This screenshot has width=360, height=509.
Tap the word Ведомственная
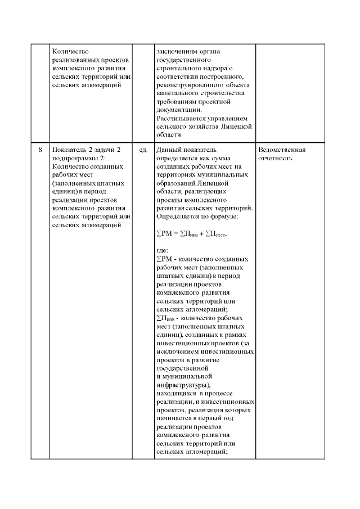pyautogui.click(x=281, y=150)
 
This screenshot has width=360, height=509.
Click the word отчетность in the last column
pyautogui.click(x=275, y=159)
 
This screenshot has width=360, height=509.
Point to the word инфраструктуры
pyautogui.click(x=183, y=385)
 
